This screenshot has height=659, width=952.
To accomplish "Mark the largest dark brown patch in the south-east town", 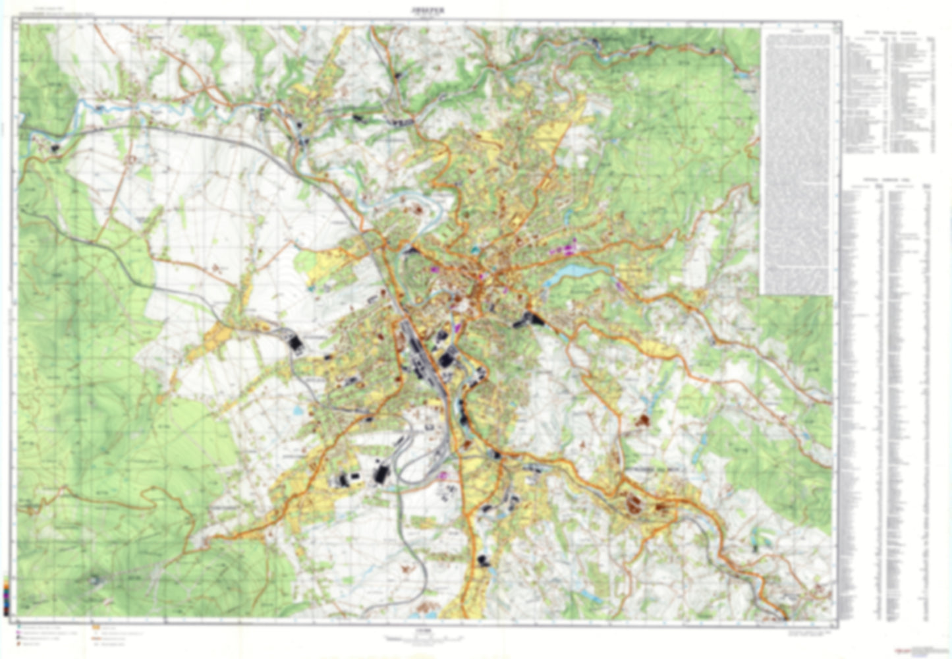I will pos(635,504).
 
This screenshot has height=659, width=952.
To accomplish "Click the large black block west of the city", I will pos(295,343).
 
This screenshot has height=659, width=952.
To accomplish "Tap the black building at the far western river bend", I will pos(54,148).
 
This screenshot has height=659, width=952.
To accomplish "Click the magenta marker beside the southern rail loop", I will pos(444,474).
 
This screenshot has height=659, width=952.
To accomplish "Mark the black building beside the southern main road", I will pos(484,561).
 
